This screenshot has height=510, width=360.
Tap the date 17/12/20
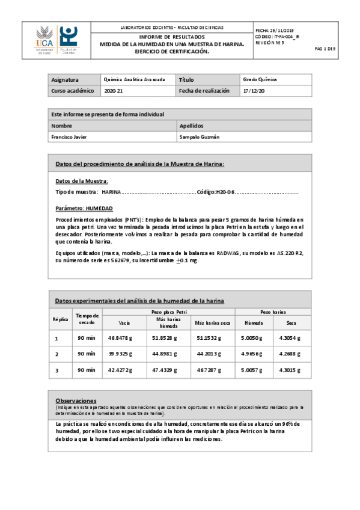253,91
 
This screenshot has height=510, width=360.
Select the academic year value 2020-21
114,91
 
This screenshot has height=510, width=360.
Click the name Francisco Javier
69,137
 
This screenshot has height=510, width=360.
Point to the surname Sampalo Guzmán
200,137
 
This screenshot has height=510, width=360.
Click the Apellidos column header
192,126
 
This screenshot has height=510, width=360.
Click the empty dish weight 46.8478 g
120,339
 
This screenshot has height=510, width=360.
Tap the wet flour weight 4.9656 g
253,354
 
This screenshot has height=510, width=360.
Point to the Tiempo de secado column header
87,319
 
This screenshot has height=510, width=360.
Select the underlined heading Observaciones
76,400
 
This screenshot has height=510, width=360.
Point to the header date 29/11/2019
285,30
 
